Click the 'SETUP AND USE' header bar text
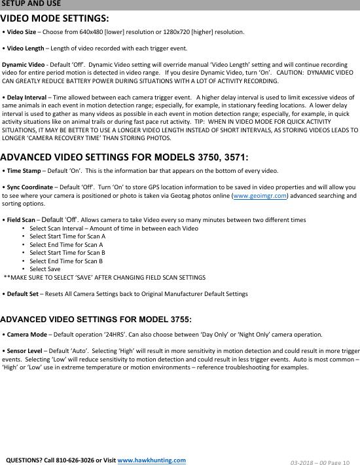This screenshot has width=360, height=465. tap(31, 4)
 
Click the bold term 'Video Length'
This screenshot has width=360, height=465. tap(26, 48)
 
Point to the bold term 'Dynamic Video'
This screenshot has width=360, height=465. tap(24, 65)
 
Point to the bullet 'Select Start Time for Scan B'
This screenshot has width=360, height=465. tap(67, 252)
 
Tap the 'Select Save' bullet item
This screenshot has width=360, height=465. tap(45, 269)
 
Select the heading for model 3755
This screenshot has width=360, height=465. tap(96, 320)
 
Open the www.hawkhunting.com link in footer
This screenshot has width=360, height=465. tap(151, 460)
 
